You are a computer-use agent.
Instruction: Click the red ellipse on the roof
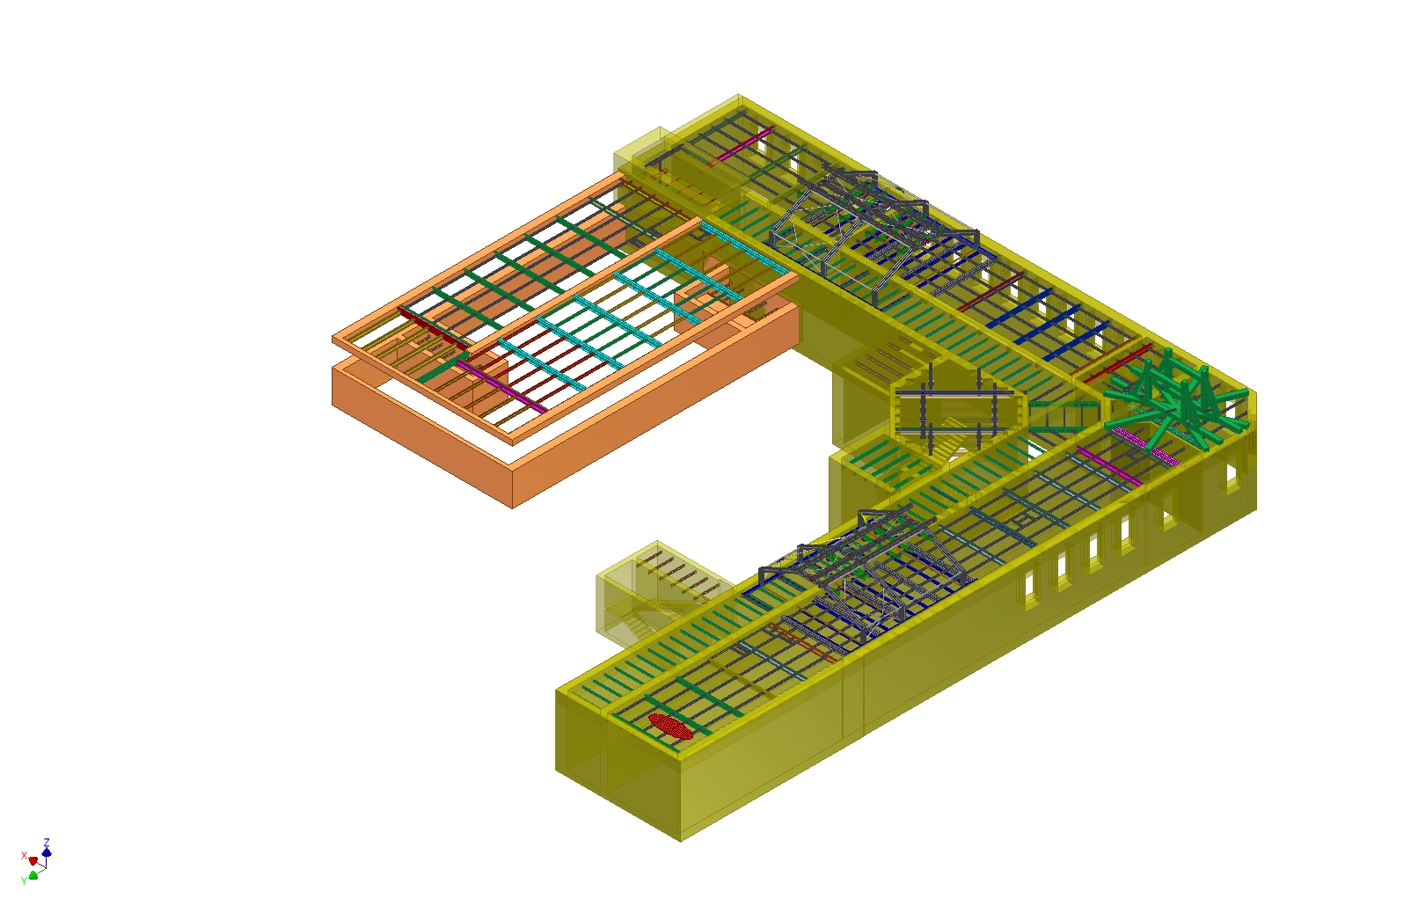[670, 727]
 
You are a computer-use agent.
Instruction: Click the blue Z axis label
[47, 843]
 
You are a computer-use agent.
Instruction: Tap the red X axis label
[24, 856]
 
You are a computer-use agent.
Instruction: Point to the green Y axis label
[24, 881]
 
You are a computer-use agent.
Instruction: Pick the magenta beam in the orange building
[501, 387]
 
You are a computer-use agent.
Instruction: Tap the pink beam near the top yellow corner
[741, 146]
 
